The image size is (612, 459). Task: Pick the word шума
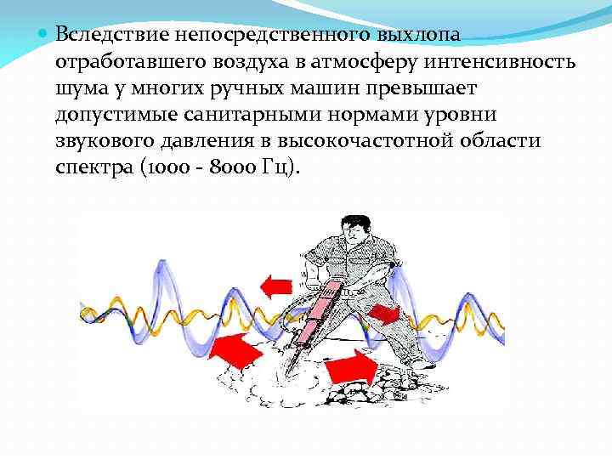78,88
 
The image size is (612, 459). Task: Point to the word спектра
92,168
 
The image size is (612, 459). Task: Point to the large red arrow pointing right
350,366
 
